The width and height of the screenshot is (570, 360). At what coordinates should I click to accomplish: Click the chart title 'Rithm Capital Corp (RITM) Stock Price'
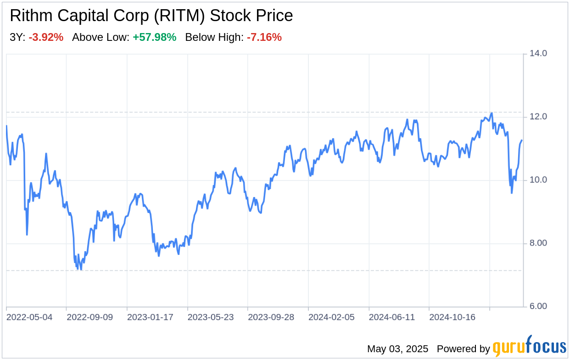click(151, 16)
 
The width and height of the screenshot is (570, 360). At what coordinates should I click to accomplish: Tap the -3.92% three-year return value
click(46, 37)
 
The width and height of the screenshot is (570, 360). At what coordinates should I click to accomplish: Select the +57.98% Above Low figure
click(155, 37)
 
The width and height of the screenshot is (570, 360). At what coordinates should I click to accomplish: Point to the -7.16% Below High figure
click(264, 37)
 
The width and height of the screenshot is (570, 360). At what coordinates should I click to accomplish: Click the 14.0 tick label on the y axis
click(538, 53)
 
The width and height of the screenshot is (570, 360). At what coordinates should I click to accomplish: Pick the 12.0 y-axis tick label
click(538, 117)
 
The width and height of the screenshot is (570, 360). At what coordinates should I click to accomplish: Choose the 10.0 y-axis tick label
click(538, 180)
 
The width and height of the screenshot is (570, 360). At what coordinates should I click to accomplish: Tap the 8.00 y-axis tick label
click(538, 243)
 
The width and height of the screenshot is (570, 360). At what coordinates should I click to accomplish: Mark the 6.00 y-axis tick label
click(538, 306)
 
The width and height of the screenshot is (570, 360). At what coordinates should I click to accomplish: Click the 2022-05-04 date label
click(29, 317)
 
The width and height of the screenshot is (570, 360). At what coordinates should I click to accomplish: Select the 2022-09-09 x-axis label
click(89, 317)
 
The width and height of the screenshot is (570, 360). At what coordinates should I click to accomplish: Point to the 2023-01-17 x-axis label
click(150, 317)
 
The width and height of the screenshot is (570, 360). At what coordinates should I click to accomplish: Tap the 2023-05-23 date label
click(211, 317)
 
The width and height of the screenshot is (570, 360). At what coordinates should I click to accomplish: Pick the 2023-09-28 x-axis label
click(271, 317)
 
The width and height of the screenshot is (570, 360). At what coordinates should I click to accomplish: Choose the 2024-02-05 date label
click(331, 317)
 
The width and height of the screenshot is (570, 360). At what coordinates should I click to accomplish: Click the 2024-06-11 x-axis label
click(392, 317)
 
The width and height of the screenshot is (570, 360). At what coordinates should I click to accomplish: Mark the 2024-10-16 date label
click(452, 317)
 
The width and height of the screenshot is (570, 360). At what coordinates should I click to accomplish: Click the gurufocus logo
click(530, 346)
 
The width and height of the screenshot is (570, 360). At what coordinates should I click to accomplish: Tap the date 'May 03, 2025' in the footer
click(398, 349)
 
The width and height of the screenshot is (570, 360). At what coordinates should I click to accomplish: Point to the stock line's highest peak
click(492, 113)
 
